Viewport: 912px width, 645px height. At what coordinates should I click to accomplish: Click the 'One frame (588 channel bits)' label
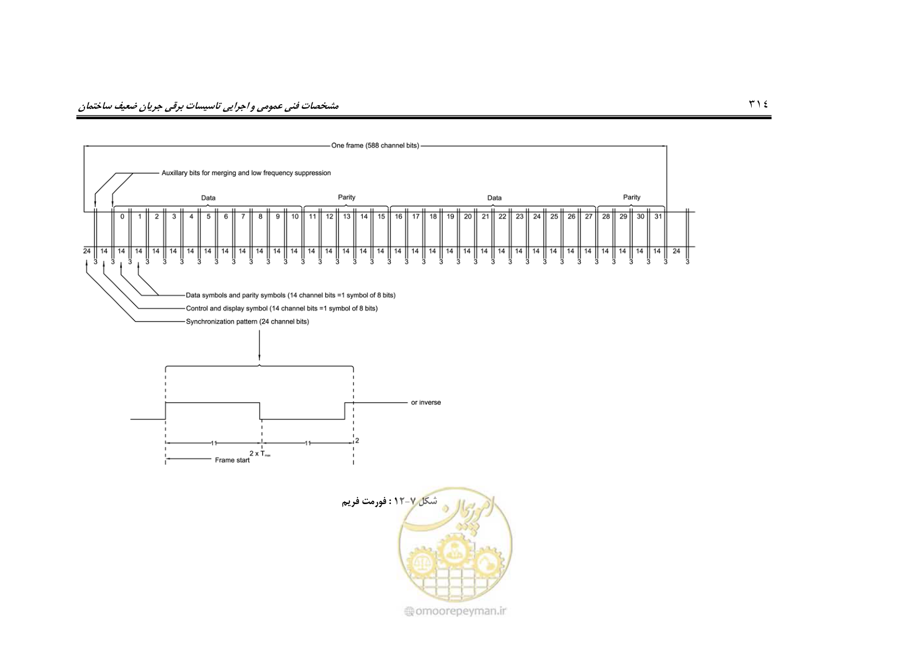pos(375,145)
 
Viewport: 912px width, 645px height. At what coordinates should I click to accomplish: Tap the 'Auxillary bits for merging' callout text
pos(246,173)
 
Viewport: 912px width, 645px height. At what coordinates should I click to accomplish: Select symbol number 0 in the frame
pos(122,216)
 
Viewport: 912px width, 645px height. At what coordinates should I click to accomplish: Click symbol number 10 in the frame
pos(295,216)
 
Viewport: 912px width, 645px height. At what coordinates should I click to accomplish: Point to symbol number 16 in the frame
pos(398,216)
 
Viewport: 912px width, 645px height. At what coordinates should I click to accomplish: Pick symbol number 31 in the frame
pos(658,216)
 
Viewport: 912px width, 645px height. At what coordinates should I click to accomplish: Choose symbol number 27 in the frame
pos(589,216)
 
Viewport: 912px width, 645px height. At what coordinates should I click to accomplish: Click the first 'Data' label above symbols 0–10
pos(208,198)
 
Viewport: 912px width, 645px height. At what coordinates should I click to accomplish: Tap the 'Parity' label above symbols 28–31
pos(631,197)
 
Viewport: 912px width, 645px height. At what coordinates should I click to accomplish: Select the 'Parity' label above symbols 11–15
pos(347,197)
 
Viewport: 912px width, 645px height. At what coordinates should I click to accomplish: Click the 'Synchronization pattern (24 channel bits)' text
pos(247,321)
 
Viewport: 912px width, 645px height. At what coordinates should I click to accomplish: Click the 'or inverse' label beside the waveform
pos(426,402)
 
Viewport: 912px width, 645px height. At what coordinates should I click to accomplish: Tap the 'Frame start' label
pos(232,460)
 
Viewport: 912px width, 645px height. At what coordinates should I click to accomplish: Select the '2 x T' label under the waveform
pos(260,454)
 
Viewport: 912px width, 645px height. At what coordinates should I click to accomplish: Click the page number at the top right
pos(758,104)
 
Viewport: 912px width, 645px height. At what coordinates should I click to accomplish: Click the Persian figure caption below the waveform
pos(389,501)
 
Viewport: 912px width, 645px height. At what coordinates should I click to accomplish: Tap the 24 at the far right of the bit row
pos(676,251)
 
